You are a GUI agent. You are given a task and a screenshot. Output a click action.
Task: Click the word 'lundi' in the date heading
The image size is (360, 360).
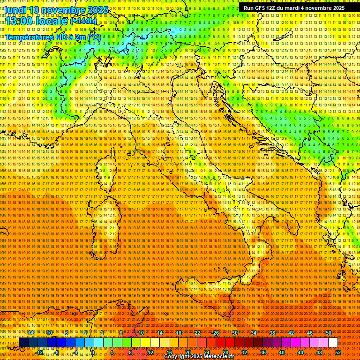point(15,10)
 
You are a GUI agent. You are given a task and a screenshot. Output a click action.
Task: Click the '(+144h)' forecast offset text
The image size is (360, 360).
point(83,21)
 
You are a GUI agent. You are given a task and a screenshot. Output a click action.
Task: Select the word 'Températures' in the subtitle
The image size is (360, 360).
point(28,37)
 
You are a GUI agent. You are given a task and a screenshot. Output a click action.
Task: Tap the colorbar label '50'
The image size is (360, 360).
point(329,333)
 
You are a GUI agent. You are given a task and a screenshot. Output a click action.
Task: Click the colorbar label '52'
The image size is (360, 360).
point(338,352)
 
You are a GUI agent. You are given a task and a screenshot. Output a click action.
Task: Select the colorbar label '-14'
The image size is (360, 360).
point(30,333)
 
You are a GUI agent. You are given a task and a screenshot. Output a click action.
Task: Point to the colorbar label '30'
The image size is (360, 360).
point(235,333)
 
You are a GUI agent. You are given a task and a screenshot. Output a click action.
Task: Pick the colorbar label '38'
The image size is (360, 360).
point(272,333)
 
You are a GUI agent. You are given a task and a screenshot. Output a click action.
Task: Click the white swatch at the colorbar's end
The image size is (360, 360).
point(333,343)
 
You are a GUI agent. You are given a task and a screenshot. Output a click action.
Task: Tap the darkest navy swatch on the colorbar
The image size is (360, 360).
point(23,343)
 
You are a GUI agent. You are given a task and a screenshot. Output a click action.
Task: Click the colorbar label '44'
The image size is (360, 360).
point(300,352)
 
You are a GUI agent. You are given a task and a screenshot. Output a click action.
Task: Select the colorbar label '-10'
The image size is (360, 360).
point(48,333)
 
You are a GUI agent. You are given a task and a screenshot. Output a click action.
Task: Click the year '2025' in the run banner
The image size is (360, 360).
point(337,8)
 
